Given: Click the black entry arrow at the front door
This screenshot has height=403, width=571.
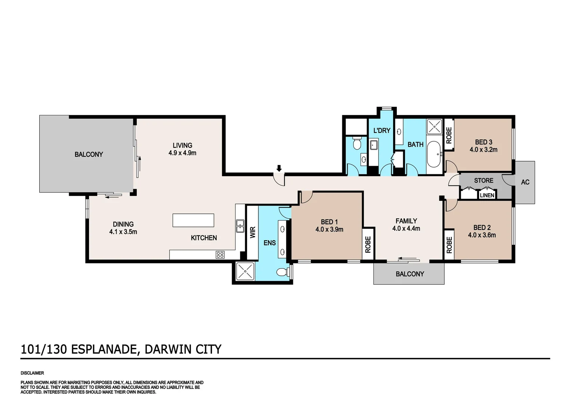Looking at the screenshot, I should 279,168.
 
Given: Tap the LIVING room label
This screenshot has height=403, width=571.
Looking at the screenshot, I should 182,146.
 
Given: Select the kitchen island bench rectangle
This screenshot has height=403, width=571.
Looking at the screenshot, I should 193,220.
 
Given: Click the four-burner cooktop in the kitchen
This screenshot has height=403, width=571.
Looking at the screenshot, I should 220,255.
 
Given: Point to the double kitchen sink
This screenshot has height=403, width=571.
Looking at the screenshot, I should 240,226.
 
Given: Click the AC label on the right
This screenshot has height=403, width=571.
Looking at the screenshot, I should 525,182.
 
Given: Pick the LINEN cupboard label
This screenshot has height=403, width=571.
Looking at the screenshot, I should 487,195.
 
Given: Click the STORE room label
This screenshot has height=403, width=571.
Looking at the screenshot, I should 484,181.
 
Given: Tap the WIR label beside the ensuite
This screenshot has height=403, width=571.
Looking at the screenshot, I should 253,232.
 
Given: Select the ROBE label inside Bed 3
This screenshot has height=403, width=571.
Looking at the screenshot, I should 449,135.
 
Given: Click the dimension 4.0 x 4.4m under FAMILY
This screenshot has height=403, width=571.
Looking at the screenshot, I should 406,228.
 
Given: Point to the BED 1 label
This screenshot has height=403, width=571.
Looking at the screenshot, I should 329,222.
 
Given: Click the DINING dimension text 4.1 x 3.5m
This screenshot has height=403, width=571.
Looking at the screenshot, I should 123,232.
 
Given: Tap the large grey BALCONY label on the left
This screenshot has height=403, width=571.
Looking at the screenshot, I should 89,154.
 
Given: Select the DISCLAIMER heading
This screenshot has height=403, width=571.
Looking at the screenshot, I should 32,373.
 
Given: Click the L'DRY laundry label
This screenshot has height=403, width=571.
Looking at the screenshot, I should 382,131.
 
